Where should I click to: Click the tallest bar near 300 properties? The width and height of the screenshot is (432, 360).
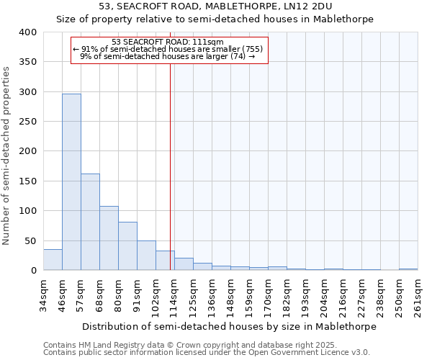(71, 182)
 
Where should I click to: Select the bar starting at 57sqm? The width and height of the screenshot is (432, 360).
(90, 222)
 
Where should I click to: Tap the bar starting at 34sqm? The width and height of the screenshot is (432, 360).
(53, 260)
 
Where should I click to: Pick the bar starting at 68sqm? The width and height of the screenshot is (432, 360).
(109, 238)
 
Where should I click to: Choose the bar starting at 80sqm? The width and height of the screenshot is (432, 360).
(127, 246)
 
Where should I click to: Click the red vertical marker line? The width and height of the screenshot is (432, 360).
(170, 158)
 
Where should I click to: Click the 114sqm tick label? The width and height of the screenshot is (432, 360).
(174, 295)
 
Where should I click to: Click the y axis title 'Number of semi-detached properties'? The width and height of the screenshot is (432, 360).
(6, 155)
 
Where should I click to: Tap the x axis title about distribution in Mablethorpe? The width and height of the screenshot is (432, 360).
(229, 326)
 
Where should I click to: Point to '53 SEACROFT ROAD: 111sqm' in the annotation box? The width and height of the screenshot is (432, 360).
(168, 42)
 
